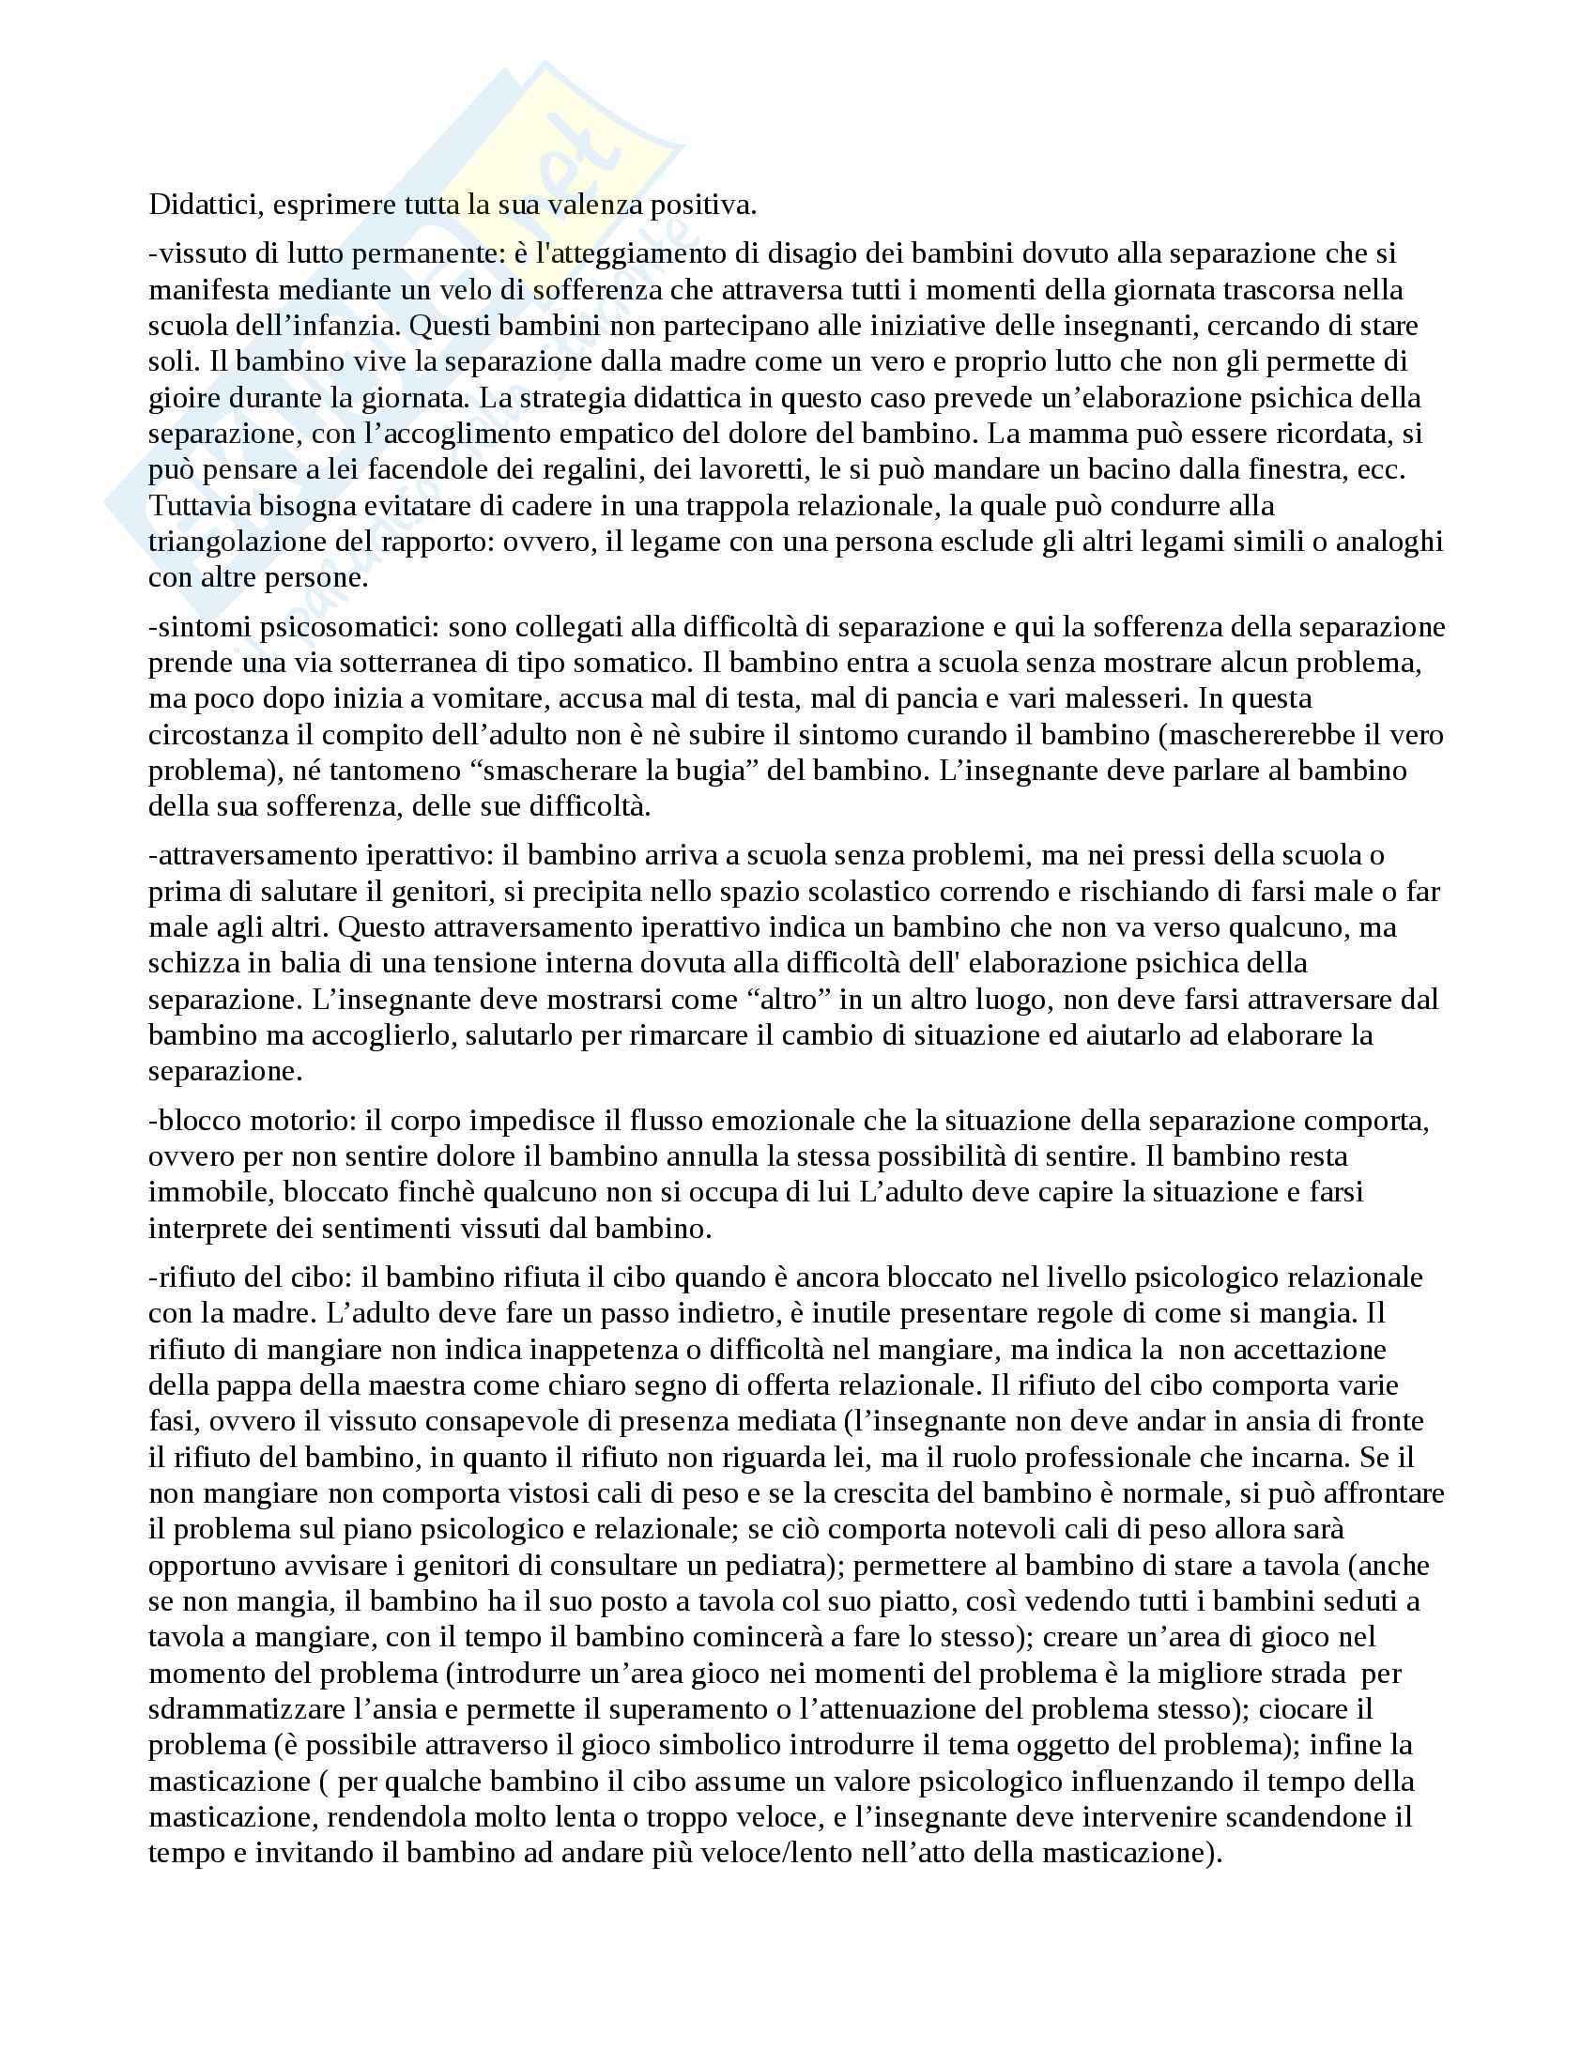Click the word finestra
point(1299,470)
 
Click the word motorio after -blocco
point(302,1122)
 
